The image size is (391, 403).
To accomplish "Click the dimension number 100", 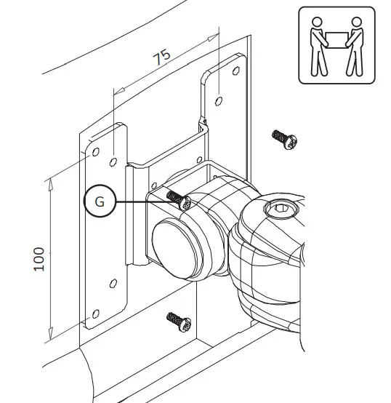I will click(39, 258).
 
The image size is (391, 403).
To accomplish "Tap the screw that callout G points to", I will click(178, 199).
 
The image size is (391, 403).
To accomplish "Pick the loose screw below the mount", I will click(177, 321).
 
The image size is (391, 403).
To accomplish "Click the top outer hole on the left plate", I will click(94, 152).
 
